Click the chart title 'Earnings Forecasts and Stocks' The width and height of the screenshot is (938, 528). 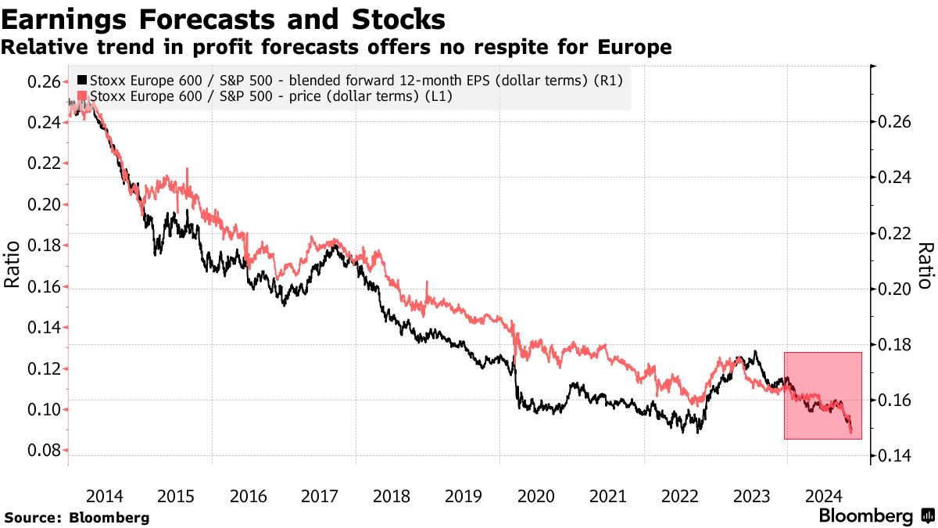224,19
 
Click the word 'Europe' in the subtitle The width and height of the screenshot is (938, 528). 635,48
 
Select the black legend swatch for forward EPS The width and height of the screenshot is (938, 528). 83,81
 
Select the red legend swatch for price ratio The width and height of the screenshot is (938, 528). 83,95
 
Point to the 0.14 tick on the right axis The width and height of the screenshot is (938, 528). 895,455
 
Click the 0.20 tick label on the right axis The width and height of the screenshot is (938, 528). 895,289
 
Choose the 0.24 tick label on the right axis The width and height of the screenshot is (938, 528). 895,178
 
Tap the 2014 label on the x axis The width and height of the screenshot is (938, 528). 104,496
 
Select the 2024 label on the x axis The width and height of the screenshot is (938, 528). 824,496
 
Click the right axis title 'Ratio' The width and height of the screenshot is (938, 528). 925,266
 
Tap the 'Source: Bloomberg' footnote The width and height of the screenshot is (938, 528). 77,517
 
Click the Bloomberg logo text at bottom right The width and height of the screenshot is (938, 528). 865,516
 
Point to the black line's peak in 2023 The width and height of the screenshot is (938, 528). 755,351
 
